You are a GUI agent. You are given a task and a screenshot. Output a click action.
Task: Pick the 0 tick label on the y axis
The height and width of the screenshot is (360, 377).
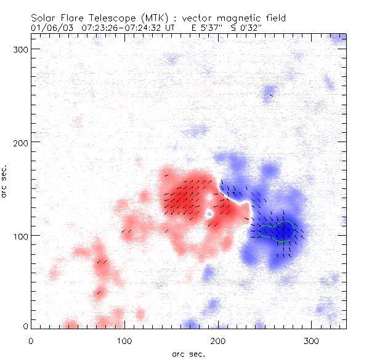pyautogui.click(x=25, y=326)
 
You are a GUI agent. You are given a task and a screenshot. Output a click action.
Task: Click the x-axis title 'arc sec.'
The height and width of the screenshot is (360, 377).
pyautogui.click(x=188, y=354)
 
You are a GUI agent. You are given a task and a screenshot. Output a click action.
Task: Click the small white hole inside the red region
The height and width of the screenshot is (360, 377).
pyautogui.click(x=210, y=214)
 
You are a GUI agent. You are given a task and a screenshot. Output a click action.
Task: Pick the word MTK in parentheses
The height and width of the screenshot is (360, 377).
pyautogui.click(x=154, y=18)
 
